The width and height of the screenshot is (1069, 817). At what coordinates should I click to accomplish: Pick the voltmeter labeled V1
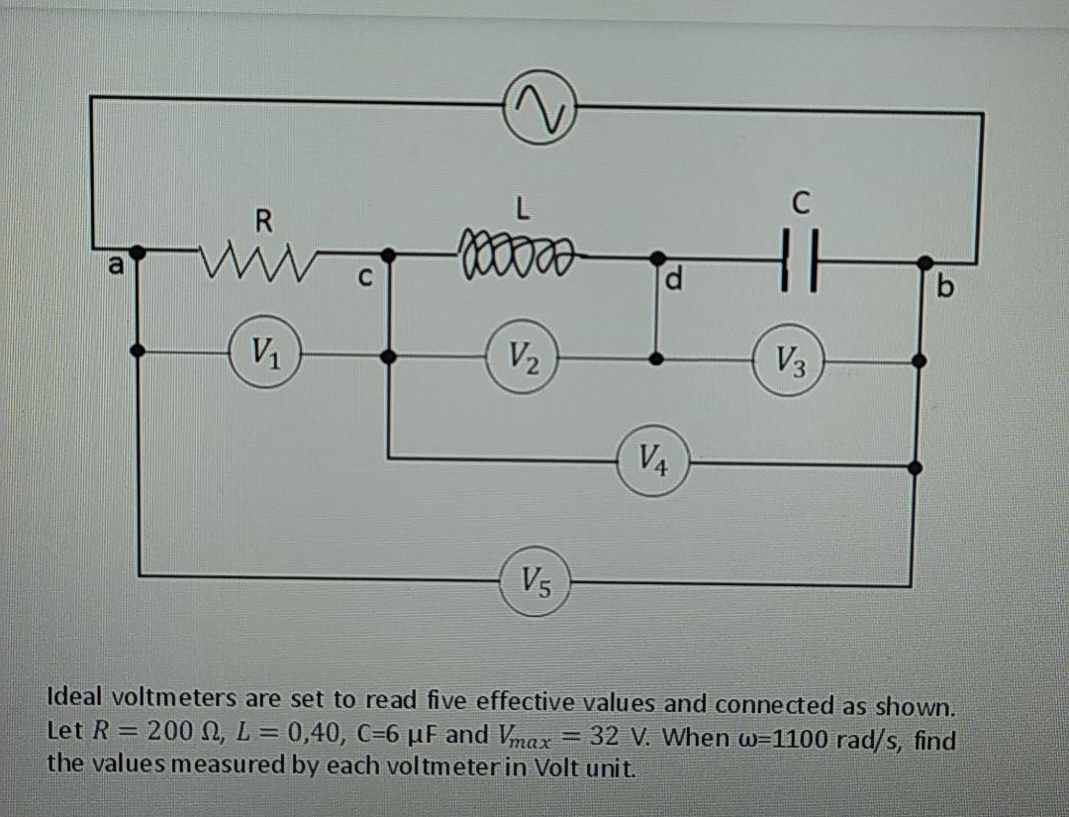coord(264,350)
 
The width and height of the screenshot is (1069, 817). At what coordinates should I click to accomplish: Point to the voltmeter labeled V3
coord(790,357)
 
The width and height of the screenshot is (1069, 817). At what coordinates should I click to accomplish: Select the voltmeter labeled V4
coord(652,459)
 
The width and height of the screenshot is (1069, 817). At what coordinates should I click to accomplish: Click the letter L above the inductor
coord(526,208)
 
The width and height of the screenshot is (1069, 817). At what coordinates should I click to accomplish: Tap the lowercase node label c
coord(365,280)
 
